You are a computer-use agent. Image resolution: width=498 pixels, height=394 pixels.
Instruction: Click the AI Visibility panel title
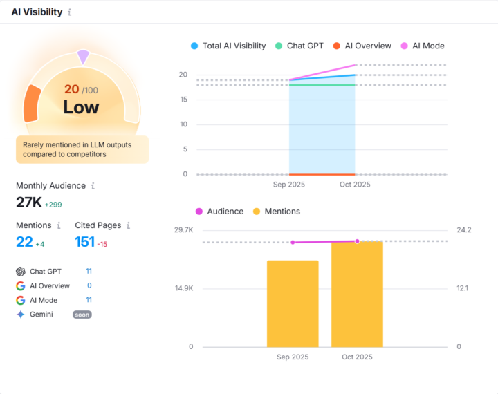click(x=37, y=12)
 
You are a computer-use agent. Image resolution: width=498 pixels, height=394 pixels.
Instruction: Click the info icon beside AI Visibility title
click(x=70, y=12)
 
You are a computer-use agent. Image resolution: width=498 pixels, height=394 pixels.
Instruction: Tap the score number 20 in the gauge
click(x=71, y=89)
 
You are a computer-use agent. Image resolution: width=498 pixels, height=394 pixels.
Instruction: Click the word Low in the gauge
click(x=81, y=107)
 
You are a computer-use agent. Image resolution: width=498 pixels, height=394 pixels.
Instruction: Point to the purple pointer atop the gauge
click(x=83, y=56)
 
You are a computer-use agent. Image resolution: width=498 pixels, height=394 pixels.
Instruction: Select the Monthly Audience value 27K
click(x=28, y=202)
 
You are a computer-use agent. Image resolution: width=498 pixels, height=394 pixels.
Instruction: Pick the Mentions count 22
click(x=24, y=241)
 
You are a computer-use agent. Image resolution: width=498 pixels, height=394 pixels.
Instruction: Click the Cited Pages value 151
click(x=84, y=241)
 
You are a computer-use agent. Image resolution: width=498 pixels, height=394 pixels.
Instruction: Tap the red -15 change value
click(x=102, y=244)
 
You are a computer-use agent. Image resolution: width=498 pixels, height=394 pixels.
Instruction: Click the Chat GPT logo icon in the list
click(x=21, y=272)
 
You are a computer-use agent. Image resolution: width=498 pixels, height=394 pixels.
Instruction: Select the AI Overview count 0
click(x=89, y=285)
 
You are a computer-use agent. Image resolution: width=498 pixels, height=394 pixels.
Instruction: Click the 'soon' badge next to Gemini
click(x=82, y=315)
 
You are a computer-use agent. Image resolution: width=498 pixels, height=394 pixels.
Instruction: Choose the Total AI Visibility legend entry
click(x=228, y=46)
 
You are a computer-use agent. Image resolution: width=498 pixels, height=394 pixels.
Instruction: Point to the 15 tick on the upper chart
click(x=183, y=100)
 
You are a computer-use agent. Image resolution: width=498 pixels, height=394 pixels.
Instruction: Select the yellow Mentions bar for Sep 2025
click(x=293, y=303)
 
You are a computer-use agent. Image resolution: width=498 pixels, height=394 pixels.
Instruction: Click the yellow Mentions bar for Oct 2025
click(x=357, y=294)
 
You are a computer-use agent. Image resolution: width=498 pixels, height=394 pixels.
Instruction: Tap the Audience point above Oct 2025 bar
click(x=357, y=241)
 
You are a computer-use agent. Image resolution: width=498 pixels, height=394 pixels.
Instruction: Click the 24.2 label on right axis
click(x=463, y=229)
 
